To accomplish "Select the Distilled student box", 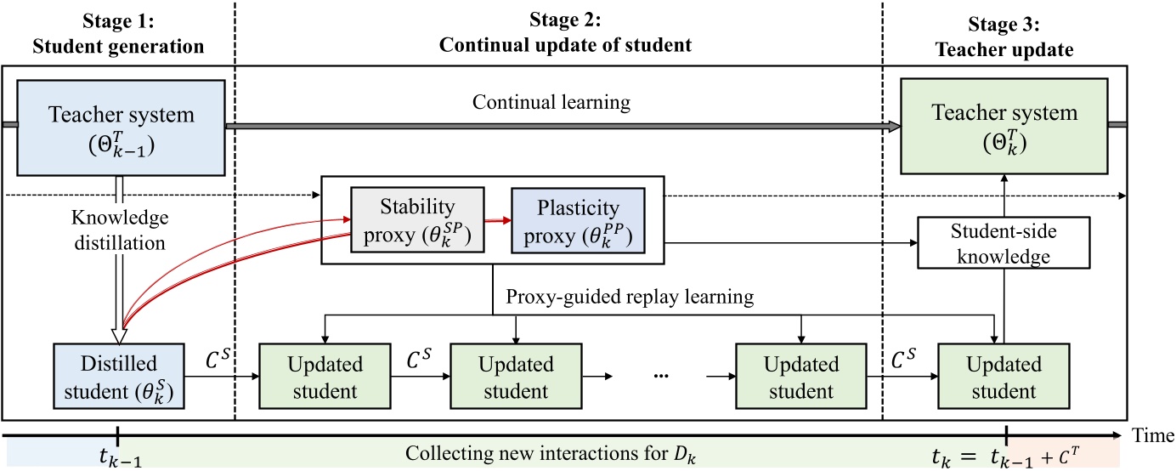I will [118, 377].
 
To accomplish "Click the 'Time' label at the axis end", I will [1153, 435].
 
